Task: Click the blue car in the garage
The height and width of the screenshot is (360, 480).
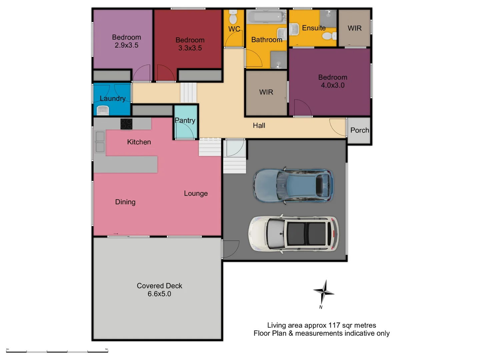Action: coord(293,185)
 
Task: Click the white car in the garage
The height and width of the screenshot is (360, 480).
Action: coord(293,233)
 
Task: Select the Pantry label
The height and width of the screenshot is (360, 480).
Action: coord(185,120)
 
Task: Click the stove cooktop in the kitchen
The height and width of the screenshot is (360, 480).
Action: coord(126,124)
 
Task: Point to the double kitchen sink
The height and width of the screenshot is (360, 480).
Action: coord(100,142)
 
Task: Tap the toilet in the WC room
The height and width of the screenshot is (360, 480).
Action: coord(233,17)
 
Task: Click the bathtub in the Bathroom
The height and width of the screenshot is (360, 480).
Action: coord(266,17)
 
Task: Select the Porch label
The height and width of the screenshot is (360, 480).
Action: coord(360,130)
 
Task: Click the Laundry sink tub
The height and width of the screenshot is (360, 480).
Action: coord(103,110)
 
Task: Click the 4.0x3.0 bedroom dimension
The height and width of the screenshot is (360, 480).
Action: coord(333,85)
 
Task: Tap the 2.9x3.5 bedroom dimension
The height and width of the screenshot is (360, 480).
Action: coord(126,45)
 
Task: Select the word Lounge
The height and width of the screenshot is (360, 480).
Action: coord(196,193)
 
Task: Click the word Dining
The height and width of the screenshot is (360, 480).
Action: coord(125,202)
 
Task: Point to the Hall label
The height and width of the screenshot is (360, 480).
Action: coord(259,126)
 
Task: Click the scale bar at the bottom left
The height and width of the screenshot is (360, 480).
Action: coord(57,351)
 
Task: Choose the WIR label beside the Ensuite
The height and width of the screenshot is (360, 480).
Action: coord(354,28)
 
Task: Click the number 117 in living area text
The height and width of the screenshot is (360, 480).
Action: coord(335,325)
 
